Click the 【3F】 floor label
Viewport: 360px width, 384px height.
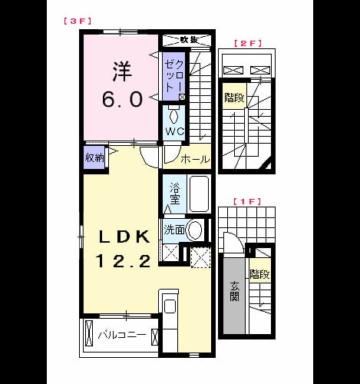[x=78, y=21]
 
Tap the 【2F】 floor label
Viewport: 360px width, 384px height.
[x=247, y=43]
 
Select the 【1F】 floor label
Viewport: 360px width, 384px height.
[x=247, y=201]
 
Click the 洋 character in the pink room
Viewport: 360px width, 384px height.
[x=122, y=71]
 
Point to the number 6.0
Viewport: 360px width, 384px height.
[x=122, y=99]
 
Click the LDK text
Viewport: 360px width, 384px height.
[x=124, y=237]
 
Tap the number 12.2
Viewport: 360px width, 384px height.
[x=123, y=261]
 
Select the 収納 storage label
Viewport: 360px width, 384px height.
[x=94, y=157]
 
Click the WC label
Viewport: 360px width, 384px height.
[x=175, y=131]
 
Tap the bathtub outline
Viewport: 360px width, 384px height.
[x=199, y=194]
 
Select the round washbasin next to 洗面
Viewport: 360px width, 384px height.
[x=195, y=230]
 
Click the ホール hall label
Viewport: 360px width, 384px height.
[x=195, y=159]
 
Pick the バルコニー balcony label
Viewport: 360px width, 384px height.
[x=122, y=335]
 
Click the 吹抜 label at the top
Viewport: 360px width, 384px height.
[x=189, y=40]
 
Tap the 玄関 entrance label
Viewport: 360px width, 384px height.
[x=234, y=291]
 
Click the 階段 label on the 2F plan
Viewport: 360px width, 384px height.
[x=234, y=98]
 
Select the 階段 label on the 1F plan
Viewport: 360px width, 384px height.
[x=259, y=274]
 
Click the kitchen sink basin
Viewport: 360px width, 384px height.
[x=170, y=306]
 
